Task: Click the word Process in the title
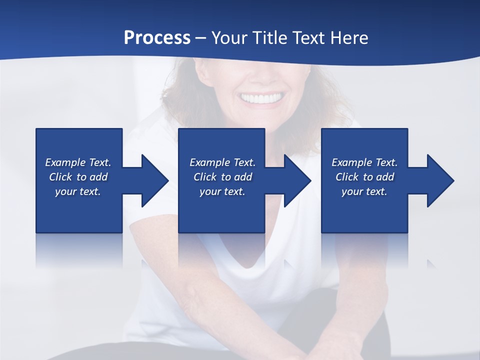pos(157,38)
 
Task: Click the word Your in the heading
pos(229,38)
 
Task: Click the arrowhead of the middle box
pos(297,180)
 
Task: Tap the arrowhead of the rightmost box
pos(440,180)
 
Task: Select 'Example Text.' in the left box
pos(78,162)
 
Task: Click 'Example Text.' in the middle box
pos(222,162)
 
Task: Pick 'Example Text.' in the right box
pos(364,162)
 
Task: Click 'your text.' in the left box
pos(78,191)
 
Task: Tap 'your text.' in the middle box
pos(222,191)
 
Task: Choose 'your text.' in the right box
pos(364,191)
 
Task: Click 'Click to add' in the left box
pos(78,177)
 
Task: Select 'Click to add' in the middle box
pos(222,177)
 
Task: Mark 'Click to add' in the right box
pos(364,177)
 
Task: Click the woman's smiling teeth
pos(261,98)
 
